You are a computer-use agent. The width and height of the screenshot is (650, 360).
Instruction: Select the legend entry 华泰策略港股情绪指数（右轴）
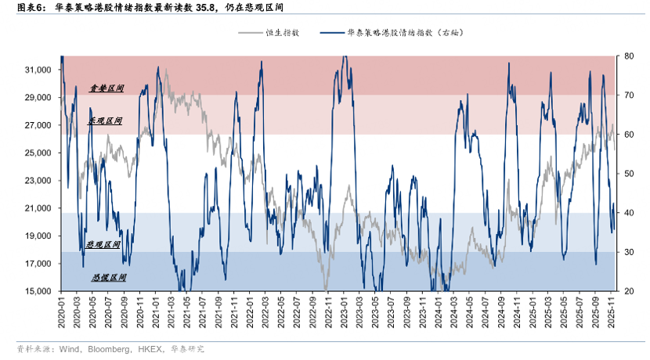(x=410, y=33)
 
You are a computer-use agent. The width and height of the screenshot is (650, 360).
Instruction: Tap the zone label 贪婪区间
(x=107, y=89)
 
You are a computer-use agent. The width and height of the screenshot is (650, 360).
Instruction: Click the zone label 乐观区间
(x=105, y=121)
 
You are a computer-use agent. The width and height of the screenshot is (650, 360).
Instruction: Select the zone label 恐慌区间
(x=109, y=278)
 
